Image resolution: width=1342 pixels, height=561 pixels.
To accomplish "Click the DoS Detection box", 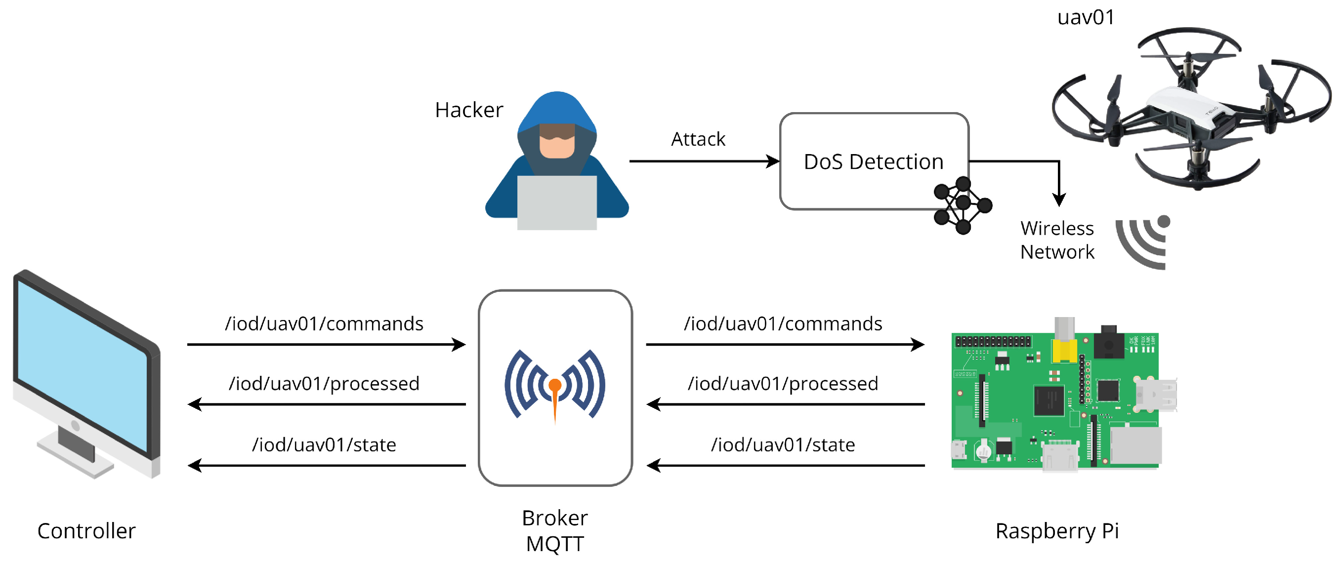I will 873,161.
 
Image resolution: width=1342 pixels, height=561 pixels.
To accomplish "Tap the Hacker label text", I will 469,111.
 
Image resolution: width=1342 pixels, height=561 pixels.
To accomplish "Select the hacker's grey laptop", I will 556,202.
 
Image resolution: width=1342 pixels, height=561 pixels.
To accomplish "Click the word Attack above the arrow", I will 698,140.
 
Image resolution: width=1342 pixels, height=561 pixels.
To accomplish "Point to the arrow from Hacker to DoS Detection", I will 703,161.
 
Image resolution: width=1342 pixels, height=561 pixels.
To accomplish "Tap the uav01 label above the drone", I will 1086,17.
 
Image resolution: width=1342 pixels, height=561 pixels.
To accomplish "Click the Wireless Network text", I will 1057,240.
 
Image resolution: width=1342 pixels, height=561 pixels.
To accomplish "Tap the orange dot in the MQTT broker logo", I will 555,385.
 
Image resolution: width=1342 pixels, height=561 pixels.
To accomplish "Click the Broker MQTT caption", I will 555,530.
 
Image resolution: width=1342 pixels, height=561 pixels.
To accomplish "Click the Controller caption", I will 86,531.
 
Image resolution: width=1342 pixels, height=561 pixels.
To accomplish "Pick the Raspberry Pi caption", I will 1057,531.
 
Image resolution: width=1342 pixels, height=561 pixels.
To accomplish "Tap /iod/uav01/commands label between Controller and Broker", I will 324,324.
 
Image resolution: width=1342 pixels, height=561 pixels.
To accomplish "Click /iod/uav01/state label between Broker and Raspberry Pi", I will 783,445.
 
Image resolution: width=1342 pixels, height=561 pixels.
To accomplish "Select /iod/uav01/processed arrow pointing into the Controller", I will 326,404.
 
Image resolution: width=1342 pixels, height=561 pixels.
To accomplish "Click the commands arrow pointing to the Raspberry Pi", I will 785,344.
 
